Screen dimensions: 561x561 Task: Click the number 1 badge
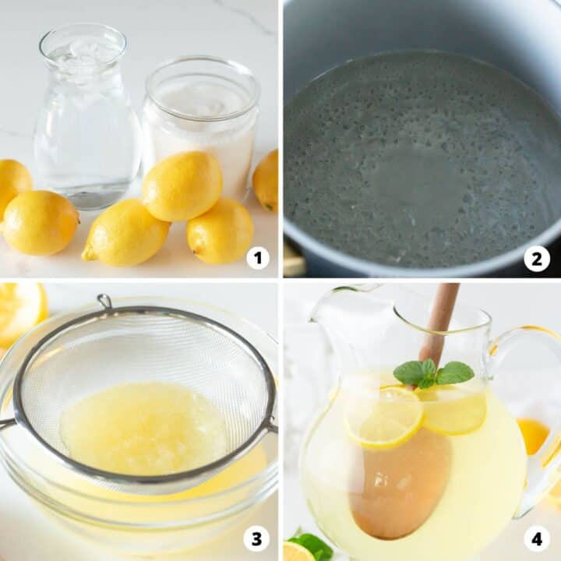tap(257, 257)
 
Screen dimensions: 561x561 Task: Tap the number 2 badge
tap(536, 257)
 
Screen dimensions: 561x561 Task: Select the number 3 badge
tap(257, 538)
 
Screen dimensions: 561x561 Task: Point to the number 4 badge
tap(536, 538)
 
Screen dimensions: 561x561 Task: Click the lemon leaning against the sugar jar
tap(182, 185)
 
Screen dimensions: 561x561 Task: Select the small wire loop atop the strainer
tap(104, 301)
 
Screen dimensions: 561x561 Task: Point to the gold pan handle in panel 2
tap(293, 260)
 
